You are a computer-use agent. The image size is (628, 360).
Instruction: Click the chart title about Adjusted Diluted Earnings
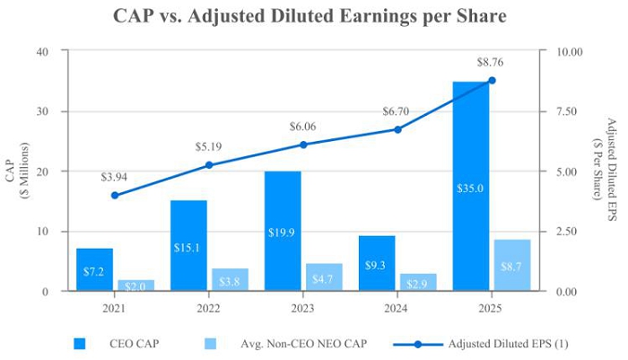tap(310, 16)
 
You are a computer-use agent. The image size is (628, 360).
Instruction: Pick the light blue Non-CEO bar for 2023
tap(324, 277)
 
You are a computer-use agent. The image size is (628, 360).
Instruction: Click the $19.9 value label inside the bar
tap(283, 233)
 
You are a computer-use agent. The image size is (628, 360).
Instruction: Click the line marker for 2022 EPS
tap(209, 164)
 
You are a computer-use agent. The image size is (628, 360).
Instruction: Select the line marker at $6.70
tap(397, 128)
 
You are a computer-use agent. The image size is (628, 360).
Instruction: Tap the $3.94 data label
tap(114, 177)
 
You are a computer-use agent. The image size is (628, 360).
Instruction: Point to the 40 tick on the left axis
tap(41, 51)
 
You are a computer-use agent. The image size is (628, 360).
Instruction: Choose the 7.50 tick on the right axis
tap(571, 111)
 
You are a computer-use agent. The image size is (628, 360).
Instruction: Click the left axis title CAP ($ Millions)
tap(16, 171)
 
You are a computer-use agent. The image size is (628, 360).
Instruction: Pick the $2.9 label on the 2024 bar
tap(418, 283)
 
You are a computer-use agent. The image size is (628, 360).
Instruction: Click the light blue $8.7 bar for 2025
tap(512, 265)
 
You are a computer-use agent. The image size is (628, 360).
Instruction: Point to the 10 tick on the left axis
tap(41, 231)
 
